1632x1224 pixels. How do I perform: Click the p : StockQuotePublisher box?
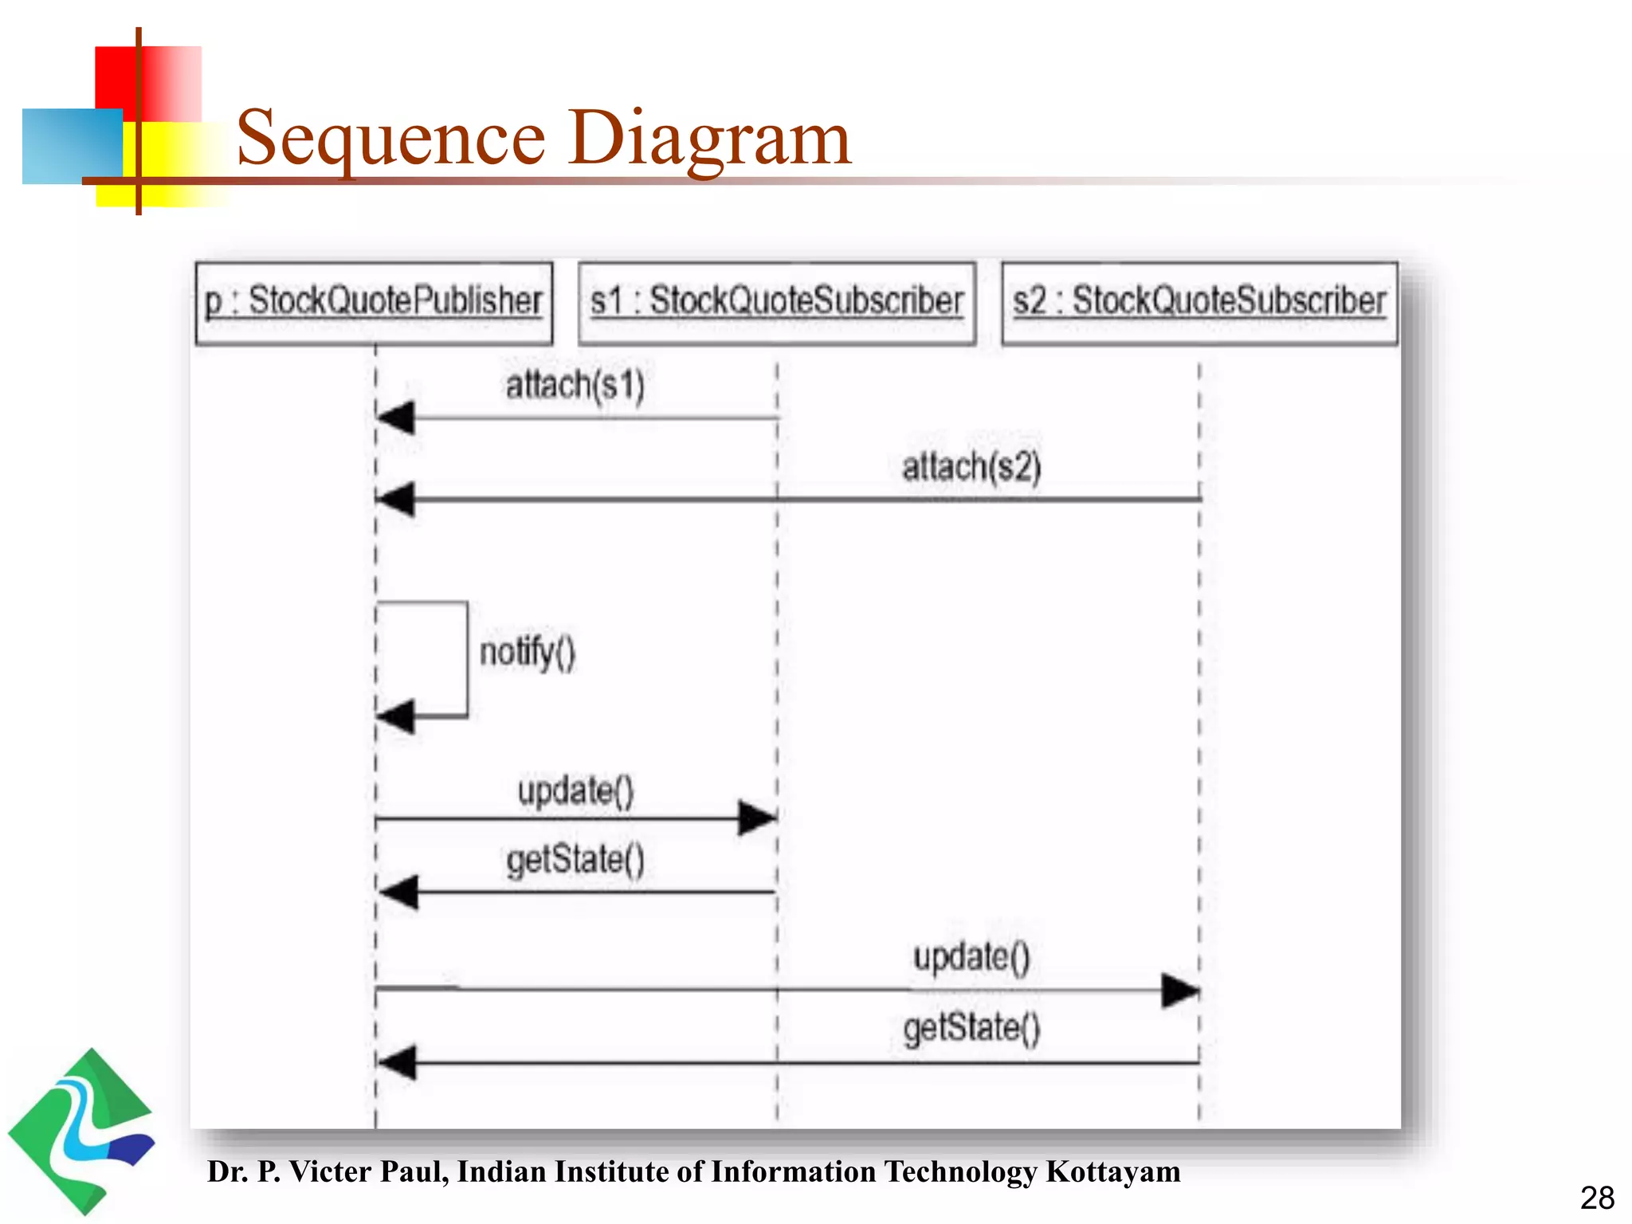(x=374, y=303)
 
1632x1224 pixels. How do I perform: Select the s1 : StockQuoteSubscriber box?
(x=777, y=303)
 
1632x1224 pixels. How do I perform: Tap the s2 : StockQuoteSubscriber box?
(x=1199, y=303)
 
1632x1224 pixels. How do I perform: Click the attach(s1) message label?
(x=575, y=386)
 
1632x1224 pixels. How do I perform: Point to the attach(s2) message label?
(x=971, y=467)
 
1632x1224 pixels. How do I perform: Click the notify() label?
(x=527, y=653)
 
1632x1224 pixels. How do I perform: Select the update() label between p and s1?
(x=575, y=791)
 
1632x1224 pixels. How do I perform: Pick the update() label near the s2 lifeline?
(x=971, y=957)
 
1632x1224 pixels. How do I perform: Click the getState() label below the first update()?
(x=575, y=861)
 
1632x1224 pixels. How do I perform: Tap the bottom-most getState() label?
(x=971, y=1028)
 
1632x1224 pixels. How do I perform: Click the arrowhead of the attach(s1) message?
(x=396, y=418)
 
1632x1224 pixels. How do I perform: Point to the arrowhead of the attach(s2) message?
(x=396, y=500)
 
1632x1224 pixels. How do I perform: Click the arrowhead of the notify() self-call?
(x=396, y=716)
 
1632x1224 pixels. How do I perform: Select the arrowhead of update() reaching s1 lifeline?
(x=757, y=818)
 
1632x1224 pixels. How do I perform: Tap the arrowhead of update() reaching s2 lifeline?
(x=1180, y=991)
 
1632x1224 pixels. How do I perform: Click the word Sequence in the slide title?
(x=390, y=139)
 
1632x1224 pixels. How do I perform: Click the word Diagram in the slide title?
(x=708, y=139)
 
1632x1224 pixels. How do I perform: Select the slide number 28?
(x=1597, y=1198)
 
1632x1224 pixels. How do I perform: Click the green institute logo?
(x=80, y=1132)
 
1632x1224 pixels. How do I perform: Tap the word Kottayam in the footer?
(x=1112, y=1171)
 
